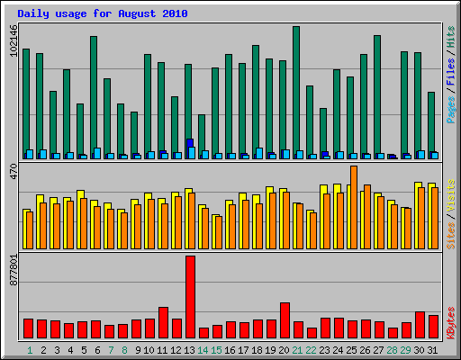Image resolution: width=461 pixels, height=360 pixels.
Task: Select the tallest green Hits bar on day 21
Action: [296, 90]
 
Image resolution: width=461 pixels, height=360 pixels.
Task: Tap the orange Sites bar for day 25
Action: [354, 207]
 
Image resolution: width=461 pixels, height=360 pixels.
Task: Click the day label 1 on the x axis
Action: [30, 349]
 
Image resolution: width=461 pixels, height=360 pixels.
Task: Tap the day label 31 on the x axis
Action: [433, 349]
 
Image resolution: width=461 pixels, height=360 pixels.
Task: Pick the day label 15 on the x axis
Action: [217, 349]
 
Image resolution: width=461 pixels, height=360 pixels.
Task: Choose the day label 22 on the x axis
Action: [312, 349]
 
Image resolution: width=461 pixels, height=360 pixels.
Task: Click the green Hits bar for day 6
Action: [94, 94]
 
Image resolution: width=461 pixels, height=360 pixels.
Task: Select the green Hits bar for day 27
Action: [377, 94]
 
